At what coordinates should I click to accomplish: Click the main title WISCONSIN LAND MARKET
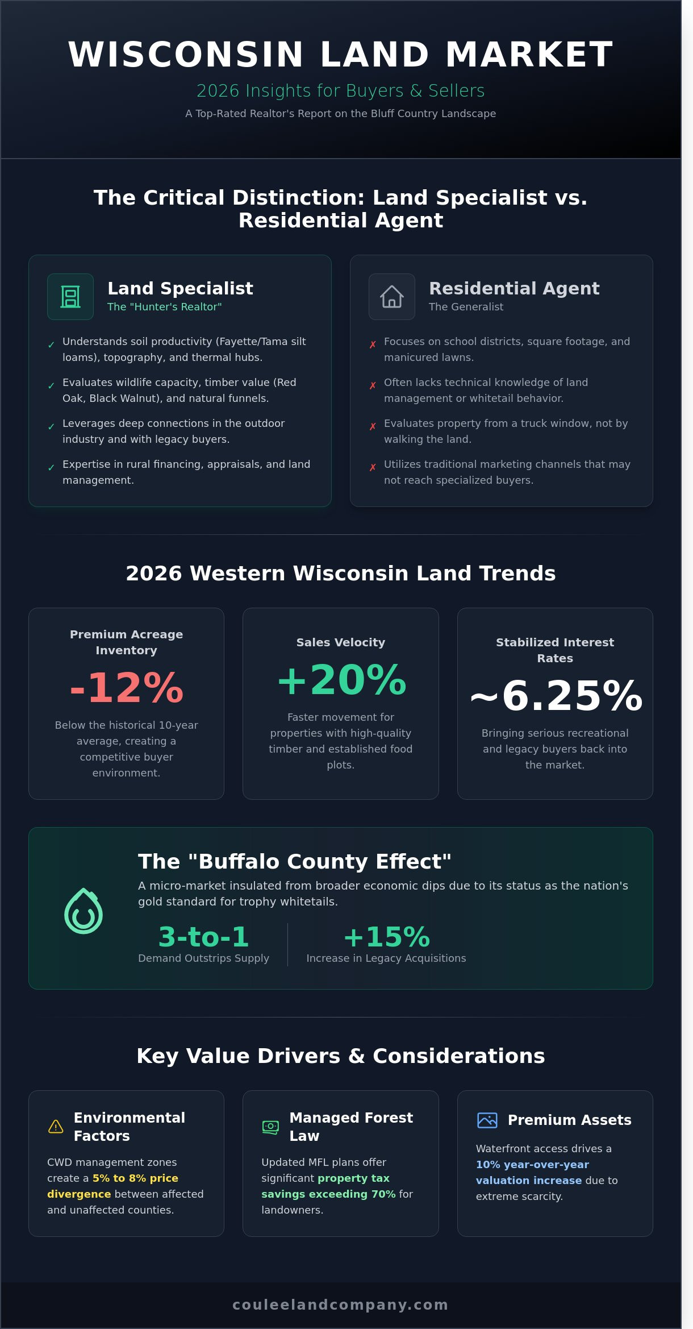[341, 55]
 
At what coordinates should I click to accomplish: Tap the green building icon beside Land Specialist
[70, 297]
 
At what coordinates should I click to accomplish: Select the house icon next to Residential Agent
[392, 297]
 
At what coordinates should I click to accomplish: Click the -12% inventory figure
[126, 688]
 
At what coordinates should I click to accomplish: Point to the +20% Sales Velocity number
[341, 680]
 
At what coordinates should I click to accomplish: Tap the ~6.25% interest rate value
[555, 696]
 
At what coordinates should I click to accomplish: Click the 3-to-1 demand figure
[203, 937]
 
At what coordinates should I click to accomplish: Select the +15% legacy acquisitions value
[386, 937]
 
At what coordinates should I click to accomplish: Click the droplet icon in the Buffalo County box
[84, 911]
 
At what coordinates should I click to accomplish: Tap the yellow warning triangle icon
[56, 1127]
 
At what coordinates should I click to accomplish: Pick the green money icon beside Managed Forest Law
[270, 1127]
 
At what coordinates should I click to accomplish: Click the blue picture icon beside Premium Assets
[487, 1120]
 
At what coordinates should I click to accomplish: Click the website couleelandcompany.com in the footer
[341, 1305]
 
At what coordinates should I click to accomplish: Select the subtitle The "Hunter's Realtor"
[164, 307]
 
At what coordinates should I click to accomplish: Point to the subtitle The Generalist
[466, 307]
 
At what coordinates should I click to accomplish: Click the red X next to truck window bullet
[373, 426]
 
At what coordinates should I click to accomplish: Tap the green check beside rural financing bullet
[51, 467]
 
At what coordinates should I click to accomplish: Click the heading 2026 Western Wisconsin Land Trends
[341, 573]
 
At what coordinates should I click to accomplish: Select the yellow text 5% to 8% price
[135, 1178]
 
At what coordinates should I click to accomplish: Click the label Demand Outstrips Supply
[203, 958]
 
